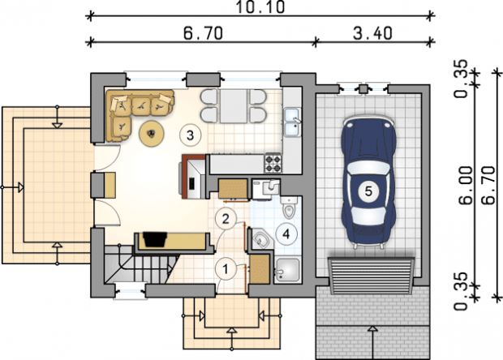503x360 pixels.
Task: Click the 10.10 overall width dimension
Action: pos(260,7)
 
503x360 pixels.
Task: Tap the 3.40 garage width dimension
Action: pos(372,33)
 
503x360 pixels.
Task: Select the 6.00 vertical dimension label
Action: pos(466,186)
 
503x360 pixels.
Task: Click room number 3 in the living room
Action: pos(190,135)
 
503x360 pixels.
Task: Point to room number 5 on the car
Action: pos(368,191)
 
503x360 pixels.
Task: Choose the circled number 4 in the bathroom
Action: pos(286,234)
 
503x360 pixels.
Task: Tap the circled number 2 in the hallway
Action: pos(226,219)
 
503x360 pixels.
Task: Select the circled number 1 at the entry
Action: pos(226,269)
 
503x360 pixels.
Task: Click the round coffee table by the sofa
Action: pos(152,133)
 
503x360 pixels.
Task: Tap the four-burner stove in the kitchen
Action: pos(273,163)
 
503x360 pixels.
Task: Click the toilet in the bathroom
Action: pos(289,208)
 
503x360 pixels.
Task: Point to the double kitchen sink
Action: pos(292,122)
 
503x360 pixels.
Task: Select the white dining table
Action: pos(233,106)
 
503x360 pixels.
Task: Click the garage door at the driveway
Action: pos(371,275)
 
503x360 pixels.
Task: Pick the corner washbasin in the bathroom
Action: pos(263,239)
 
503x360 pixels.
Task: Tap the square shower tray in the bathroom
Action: pos(288,271)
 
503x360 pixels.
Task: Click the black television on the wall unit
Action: pos(155,239)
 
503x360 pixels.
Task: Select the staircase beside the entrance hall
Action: pos(140,265)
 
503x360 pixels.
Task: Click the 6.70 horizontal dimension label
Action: pos(203,33)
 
